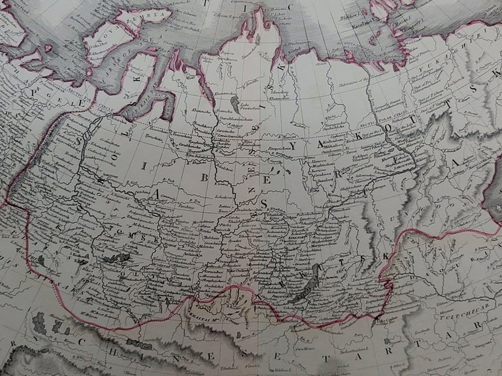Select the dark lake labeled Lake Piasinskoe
[x=233, y=104]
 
